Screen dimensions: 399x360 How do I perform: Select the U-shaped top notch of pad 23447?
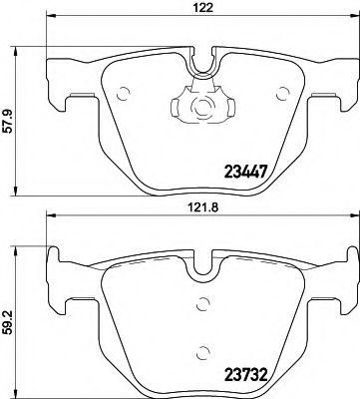(202, 62)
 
